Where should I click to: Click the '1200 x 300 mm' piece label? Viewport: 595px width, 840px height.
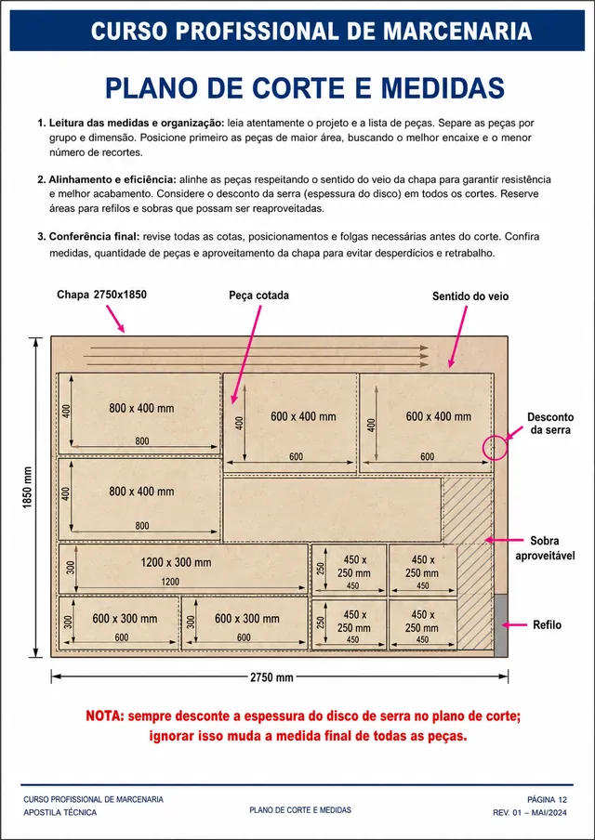pos(176,563)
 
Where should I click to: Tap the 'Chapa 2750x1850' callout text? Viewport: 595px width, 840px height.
pos(102,295)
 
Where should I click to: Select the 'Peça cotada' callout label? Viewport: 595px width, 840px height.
pos(258,295)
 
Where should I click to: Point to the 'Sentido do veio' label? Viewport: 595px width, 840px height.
pos(470,296)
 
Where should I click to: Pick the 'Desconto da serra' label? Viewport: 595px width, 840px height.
pos(550,423)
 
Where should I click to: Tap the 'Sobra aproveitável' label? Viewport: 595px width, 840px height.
pos(545,548)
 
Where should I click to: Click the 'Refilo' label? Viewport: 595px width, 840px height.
pos(547,625)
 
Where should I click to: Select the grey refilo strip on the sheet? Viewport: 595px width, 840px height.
pos(500,625)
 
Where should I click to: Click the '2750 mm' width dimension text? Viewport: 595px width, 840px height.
pos(271,677)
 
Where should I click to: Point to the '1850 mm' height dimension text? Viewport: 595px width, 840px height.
pos(28,495)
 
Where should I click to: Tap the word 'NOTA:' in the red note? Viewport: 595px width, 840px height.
pos(106,716)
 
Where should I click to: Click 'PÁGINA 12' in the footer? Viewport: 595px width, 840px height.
pos(548,800)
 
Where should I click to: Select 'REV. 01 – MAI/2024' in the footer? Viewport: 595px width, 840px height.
pos(530,813)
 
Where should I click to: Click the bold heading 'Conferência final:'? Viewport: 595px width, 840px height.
pos(95,237)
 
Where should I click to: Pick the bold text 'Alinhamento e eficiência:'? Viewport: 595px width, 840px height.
pos(112,179)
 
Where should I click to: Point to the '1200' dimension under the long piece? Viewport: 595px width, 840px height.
pos(170,582)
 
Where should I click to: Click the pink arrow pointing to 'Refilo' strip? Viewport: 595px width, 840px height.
pos(515,624)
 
